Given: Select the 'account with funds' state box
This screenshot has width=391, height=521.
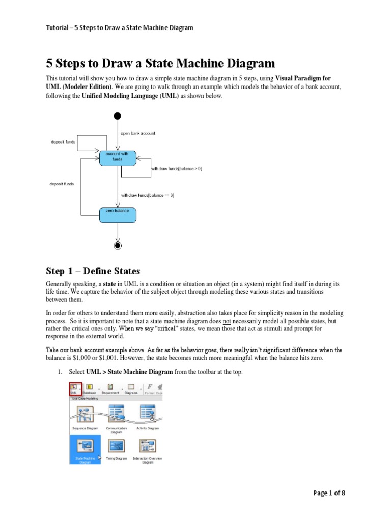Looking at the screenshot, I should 118,156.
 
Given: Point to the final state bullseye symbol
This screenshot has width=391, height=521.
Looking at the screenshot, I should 118,246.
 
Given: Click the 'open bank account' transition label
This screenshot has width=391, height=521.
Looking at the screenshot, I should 137,133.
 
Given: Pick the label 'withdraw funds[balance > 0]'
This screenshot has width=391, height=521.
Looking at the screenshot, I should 177,169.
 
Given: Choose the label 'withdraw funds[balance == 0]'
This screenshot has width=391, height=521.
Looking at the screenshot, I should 148,195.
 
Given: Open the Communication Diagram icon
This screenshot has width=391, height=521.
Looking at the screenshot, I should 116,413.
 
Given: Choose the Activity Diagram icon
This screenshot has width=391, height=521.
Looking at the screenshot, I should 148,413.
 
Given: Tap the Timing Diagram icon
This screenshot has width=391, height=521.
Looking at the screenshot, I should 116,445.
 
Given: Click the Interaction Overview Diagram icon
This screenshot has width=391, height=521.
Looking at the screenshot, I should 148,445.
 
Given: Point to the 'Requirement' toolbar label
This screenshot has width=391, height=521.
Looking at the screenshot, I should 110,393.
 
